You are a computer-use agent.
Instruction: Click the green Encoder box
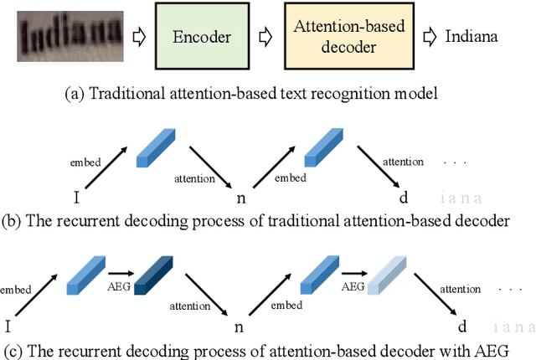(202, 36)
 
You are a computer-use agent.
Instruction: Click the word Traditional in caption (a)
(118, 95)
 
